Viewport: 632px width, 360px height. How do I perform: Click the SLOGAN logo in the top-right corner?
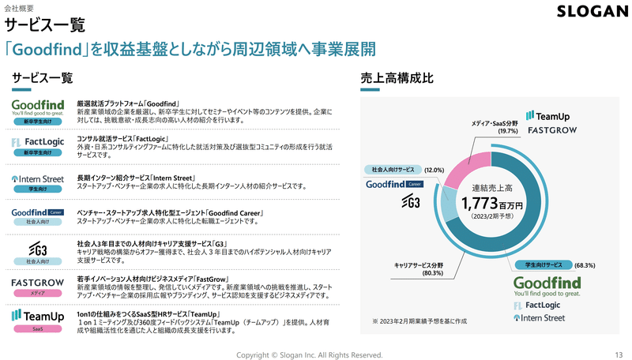592,11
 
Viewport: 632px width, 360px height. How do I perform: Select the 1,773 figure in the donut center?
480,204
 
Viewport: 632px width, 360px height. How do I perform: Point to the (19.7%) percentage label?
507,131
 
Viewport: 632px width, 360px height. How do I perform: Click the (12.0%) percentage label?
434,170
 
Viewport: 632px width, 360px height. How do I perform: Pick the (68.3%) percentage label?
585,265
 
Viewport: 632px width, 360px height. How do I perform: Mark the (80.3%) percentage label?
432,273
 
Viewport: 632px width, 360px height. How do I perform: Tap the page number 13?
619,354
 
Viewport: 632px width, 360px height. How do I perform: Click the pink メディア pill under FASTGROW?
37,293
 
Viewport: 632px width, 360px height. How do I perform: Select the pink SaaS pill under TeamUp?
37,328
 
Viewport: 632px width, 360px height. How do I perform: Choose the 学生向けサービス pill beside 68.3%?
544,264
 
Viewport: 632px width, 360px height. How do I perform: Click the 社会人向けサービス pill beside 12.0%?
393,170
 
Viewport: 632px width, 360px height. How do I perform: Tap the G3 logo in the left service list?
38,249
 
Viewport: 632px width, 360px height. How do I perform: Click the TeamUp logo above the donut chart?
547,116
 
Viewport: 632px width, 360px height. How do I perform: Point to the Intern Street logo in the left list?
37,178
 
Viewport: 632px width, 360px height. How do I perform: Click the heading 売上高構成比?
397,77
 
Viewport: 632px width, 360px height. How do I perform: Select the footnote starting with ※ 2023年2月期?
419,321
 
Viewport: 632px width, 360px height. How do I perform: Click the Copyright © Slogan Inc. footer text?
309,354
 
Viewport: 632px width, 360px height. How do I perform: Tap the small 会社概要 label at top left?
19,8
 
